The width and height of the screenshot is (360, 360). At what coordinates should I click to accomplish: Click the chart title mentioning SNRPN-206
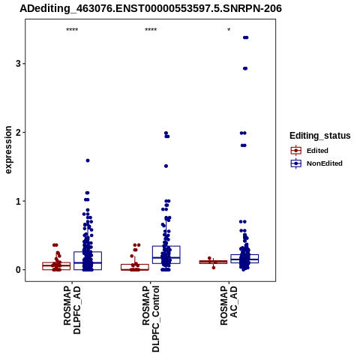click(151, 8)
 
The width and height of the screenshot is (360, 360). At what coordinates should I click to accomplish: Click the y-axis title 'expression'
click(8, 150)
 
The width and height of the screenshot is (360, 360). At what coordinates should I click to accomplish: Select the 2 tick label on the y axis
click(18, 133)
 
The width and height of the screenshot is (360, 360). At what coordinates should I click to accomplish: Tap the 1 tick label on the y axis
click(18, 201)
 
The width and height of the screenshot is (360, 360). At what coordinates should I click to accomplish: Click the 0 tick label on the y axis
click(18, 270)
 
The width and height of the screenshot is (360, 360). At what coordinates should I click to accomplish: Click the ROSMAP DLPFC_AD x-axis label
click(72, 310)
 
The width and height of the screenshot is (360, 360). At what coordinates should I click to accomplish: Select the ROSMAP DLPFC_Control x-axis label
click(151, 319)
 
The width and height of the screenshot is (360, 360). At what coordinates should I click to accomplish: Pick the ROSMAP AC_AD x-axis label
click(229, 305)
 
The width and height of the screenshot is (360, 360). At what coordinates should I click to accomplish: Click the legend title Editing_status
click(320, 136)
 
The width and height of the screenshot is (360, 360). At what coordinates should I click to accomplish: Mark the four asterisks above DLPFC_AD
click(72, 30)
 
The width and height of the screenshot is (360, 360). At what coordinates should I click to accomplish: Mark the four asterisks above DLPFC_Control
click(151, 30)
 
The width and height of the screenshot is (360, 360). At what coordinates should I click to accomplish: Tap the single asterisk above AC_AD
click(229, 29)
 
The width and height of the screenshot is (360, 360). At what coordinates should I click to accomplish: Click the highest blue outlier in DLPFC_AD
click(88, 160)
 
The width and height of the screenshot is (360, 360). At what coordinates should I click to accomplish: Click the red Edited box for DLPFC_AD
click(56, 266)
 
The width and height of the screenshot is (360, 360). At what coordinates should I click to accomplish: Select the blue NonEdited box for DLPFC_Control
click(166, 255)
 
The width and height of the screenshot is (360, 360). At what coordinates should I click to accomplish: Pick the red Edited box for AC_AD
click(213, 262)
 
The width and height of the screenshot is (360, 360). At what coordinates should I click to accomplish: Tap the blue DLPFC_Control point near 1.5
click(166, 166)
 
